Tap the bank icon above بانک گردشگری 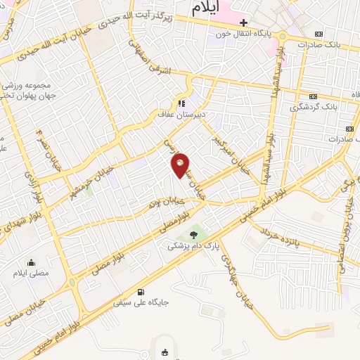click(x=313, y=96)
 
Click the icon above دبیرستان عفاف click(x=184, y=101)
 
